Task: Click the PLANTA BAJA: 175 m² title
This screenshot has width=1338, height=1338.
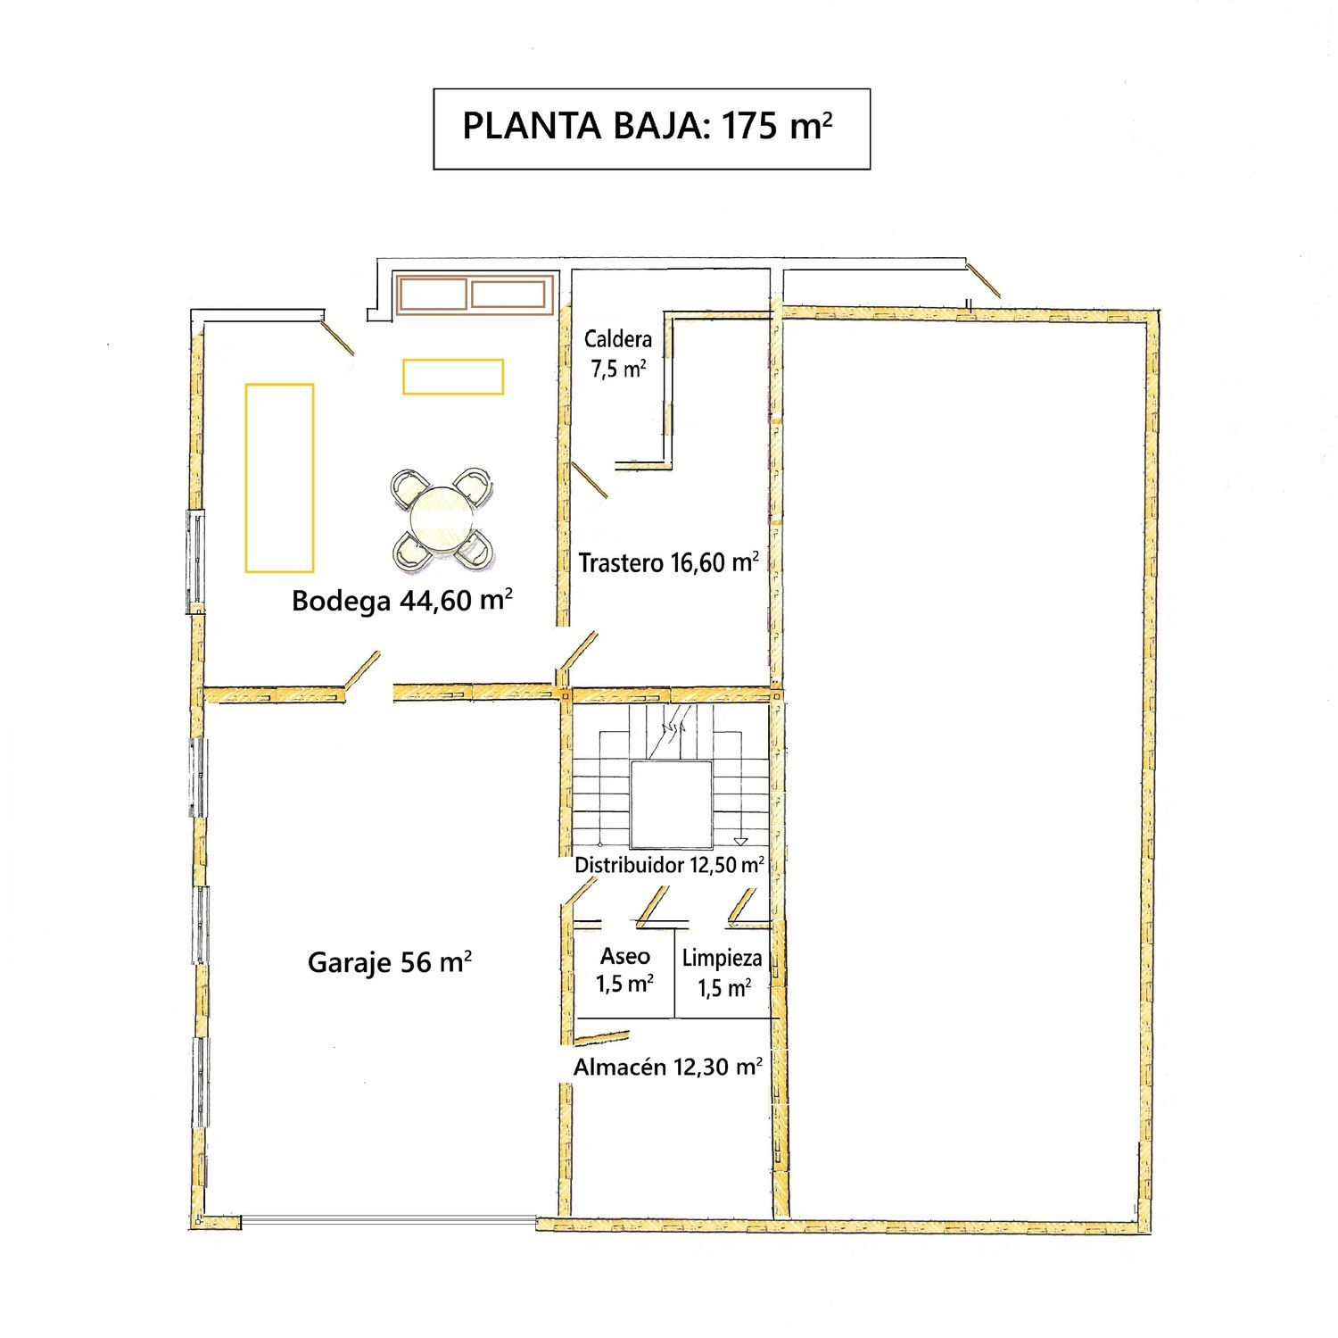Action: [648, 126]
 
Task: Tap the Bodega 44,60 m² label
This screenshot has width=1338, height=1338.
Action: [402, 599]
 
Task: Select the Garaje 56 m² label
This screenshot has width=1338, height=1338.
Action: [390, 961]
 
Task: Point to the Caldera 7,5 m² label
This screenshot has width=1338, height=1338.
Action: [618, 353]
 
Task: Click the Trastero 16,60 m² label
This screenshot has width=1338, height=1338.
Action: [669, 562]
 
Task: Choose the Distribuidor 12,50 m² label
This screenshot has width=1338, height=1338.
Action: [669, 864]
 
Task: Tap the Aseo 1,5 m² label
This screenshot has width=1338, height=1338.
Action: [625, 969]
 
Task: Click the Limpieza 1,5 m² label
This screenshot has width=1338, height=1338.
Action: [723, 973]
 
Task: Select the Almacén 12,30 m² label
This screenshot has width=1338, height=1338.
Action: [667, 1067]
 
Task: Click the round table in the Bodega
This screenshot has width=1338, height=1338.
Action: [441, 517]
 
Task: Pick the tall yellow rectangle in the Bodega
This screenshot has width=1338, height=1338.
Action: [279, 478]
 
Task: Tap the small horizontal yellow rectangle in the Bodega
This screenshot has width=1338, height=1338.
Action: [453, 376]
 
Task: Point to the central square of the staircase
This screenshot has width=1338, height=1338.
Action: [672, 804]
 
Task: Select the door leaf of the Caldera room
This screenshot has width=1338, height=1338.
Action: [590, 479]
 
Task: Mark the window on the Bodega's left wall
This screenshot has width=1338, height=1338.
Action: [195, 561]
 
